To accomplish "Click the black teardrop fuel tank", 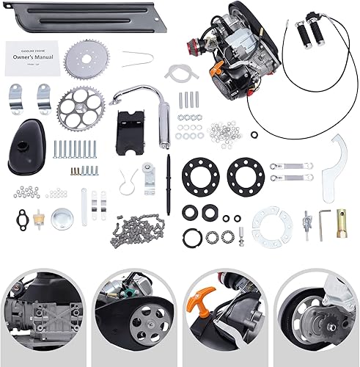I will (x=30, y=150).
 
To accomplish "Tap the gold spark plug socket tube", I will (x=342, y=218).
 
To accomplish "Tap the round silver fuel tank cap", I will (x=62, y=218).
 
